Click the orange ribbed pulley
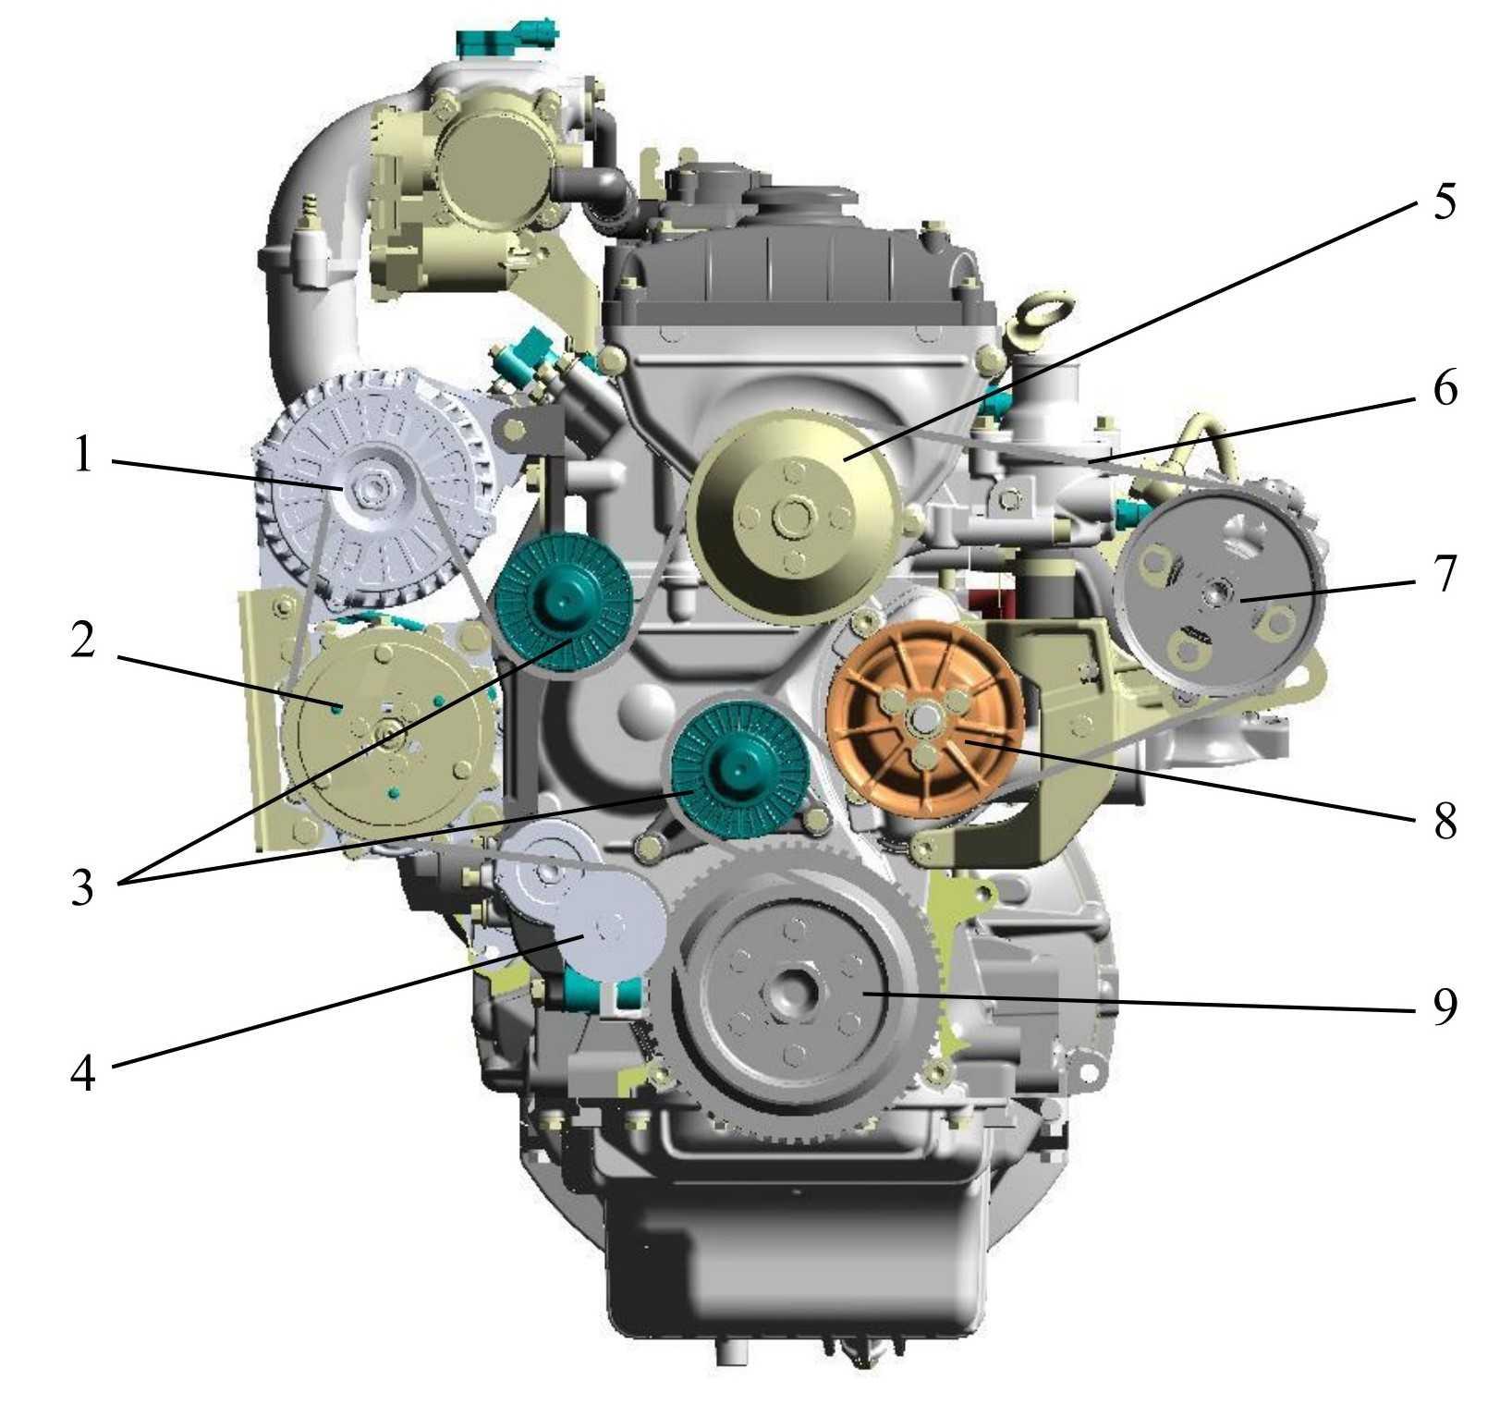click(x=925, y=719)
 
